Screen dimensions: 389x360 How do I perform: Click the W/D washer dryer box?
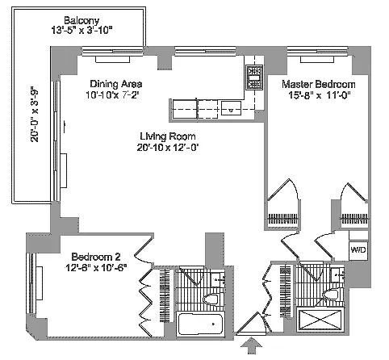[x=358, y=250]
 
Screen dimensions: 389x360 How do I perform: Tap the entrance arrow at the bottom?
[x=251, y=345]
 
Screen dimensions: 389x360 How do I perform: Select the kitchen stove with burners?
[x=254, y=77]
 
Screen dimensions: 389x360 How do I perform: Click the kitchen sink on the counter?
[x=231, y=108]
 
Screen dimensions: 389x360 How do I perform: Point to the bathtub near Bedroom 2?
[x=199, y=324]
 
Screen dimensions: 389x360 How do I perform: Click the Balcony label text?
[x=82, y=20]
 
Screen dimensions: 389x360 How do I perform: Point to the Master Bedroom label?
[x=319, y=84]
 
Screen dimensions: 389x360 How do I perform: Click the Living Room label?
[x=168, y=136]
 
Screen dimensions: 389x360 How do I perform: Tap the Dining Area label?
[x=116, y=84]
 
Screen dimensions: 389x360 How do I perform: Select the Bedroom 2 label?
[x=96, y=257]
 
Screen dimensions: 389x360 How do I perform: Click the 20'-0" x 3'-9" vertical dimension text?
[x=35, y=114]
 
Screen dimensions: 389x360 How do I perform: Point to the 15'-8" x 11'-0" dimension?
[x=319, y=95]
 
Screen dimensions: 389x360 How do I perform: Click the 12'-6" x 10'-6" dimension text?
[x=96, y=268]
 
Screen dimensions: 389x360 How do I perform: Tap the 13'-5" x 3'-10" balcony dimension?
[x=82, y=31]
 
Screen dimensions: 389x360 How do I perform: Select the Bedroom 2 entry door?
[x=144, y=251]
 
